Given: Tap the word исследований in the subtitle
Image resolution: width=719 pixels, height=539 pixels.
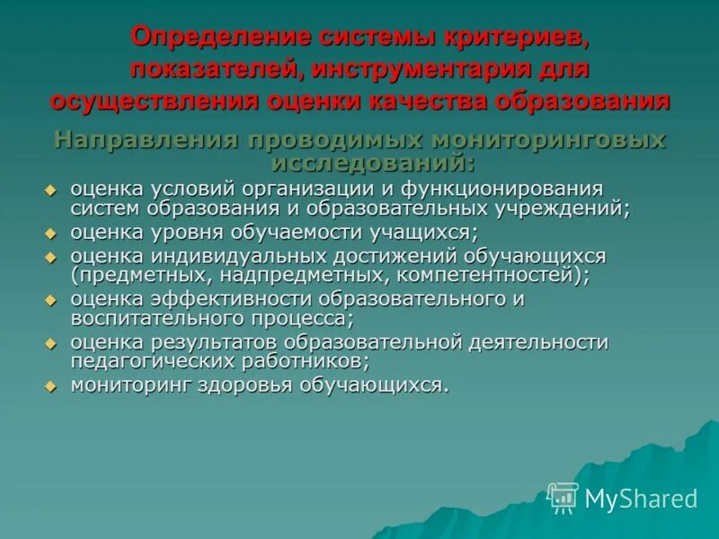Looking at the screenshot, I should coord(368,163).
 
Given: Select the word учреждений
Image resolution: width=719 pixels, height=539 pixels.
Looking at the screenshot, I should coord(558,208).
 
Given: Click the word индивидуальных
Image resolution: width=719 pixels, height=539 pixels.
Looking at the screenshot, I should coord(237,255).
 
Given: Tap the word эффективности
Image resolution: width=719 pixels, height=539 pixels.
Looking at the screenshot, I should coord(221,299).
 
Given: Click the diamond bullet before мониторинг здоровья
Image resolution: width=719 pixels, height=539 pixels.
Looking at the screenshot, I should coord(51,386).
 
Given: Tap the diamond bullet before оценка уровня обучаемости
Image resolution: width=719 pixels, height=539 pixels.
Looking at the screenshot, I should coord(51,233).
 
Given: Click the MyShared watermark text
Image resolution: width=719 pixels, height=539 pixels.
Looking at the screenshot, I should coord(641,499).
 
